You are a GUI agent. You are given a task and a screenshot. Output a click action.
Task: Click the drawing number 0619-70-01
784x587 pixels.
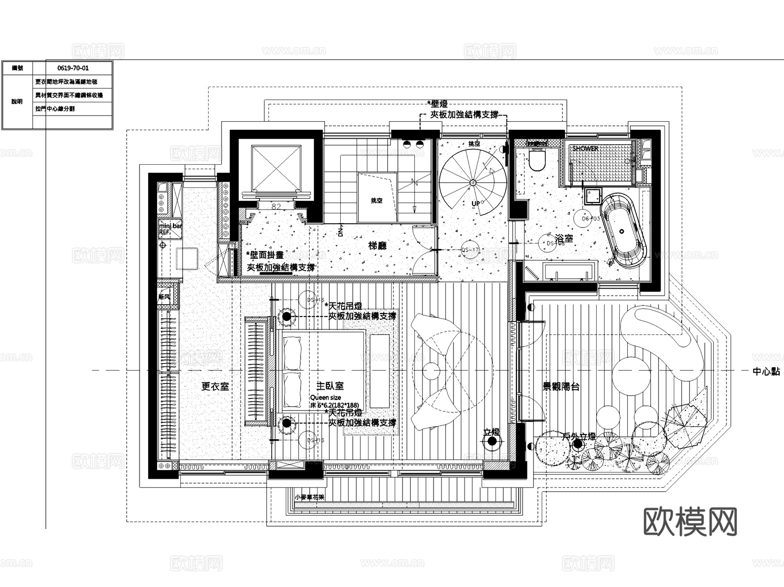[x=73, y=68]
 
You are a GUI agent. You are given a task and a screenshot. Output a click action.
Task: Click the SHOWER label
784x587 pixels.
[x=585, y=149]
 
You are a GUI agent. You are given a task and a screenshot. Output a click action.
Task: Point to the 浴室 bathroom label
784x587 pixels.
[x=565, y=238]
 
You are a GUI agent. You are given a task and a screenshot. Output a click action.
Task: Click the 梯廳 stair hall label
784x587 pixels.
[x=377, y=246]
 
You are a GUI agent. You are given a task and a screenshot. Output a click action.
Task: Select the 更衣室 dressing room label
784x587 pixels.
[x=215, y=386]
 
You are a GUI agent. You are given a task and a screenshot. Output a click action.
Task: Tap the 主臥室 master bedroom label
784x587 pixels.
[x=330, y=386]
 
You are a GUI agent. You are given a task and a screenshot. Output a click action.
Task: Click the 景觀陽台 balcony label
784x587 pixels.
[x=561, y=386]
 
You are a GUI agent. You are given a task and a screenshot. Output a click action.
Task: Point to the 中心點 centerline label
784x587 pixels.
[x=766, y=372]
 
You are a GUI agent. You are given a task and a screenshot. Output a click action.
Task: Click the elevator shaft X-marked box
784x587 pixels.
[x=276, y=168]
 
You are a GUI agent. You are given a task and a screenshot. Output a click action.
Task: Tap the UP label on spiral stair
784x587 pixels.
[x=476, y=204]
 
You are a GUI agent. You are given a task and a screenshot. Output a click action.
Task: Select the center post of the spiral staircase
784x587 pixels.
[x=473, y=183]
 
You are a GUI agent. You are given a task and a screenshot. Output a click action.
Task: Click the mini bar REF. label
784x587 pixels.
[x=170, y=229]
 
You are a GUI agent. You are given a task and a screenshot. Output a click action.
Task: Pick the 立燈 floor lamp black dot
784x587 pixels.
[x=492, y=441]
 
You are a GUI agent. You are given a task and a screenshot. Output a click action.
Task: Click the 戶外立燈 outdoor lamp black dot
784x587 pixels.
[x=578, y=444]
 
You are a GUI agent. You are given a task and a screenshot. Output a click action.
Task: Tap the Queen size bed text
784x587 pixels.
[x=325, y=397]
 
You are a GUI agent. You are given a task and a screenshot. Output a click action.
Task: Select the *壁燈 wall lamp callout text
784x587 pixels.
[x=438, y=104]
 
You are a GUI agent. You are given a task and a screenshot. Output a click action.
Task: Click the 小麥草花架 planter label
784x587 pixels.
[x=309, y=497]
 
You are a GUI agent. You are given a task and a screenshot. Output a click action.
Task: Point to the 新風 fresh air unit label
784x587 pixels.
[x=164, y=297]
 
